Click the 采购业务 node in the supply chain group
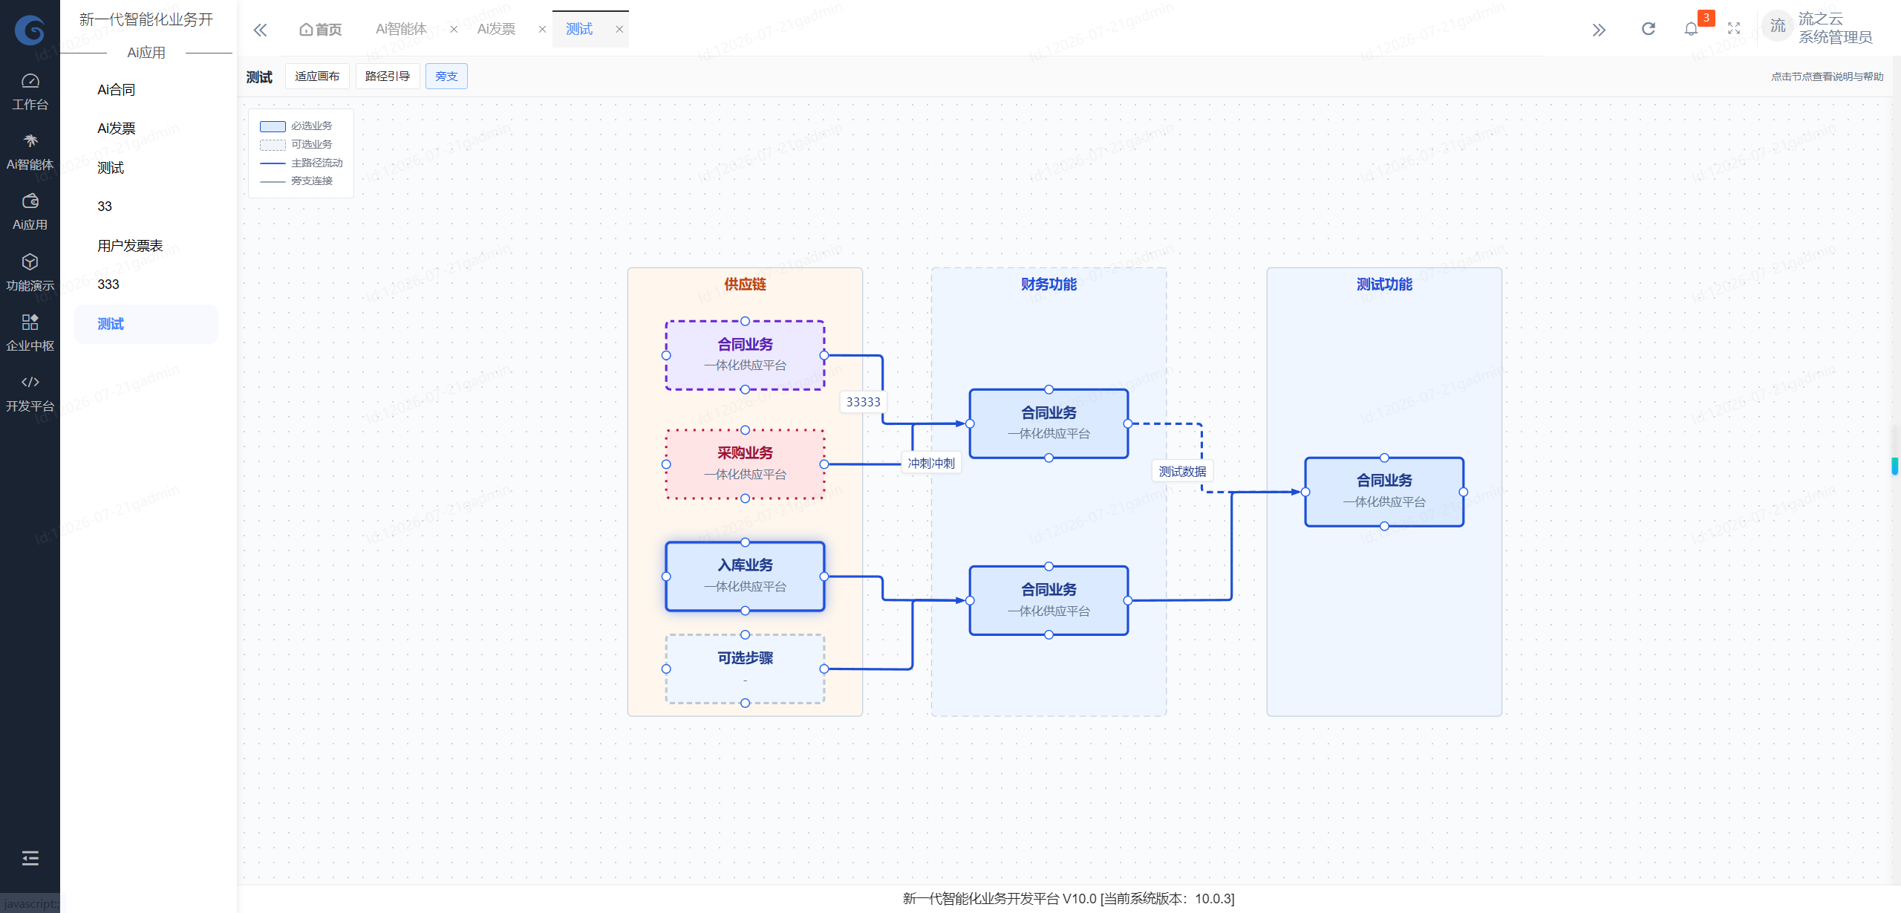pyautogui.click(x=745, y=464)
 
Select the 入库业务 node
pyautogui.click(x=745, y=576)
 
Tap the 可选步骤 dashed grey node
pyautogui.click(x=745, y=669)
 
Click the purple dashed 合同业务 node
pyautogui.click(x=745, y=355)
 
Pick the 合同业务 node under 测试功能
pyautogui.click(x=1384, y=492)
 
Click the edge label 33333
pyautogui.click(x=863, y=402)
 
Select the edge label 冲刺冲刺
pyautogui.click(x=931, y=463)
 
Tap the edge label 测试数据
pyautogui.click(x=1182, y=471)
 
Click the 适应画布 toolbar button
pyautogui.click(x=317, y=77)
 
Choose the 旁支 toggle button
pyautogui.click(x=446, y=77)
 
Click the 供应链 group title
pyautogui.click(x=745, y=285)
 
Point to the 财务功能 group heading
pyautogui.click(x=1049, y=285)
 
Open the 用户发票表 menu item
pyautogui.click(x=130, y=246)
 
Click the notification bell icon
pyautogui.click(x=1691, y=29)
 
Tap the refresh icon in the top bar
pyautogui.click(x=1649, y=29)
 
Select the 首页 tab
pyautogui.click(x=320, y=30)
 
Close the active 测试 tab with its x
pyautogui.click(x=619, y=30)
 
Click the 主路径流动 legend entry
pyautogui.click(x=301, y=163)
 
